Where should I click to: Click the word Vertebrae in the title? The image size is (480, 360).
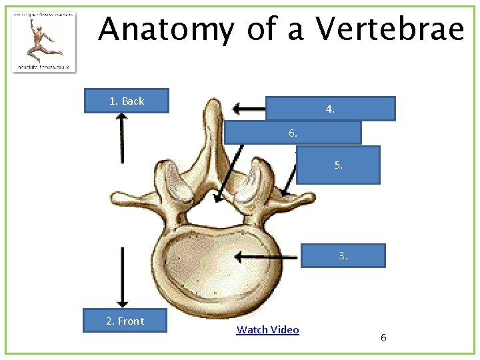390,30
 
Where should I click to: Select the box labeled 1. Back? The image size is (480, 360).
127,101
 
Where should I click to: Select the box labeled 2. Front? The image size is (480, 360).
125,321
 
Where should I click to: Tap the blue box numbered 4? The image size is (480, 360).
330,109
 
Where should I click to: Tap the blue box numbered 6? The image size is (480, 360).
293,133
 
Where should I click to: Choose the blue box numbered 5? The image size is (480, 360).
338,165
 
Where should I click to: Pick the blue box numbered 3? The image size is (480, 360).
343,255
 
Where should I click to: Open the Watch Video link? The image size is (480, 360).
268,330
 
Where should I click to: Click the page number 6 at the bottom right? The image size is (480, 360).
383,338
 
